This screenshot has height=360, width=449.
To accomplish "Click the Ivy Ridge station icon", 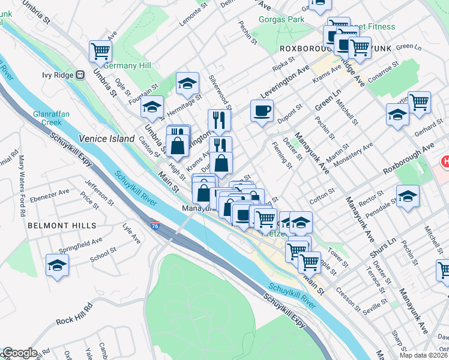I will [x=79, y=75].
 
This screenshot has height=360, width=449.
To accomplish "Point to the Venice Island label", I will [x=111, y=139].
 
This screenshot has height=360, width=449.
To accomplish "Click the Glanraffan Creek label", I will [x=47, y=118].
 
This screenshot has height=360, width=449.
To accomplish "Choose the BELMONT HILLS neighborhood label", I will [x=61, y=226].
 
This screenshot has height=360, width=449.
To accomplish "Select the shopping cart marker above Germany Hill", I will [x=100, y=51].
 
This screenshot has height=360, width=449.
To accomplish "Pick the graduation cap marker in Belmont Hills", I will [x=57, y=265].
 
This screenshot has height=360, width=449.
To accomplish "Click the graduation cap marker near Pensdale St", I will [x=408, y=196].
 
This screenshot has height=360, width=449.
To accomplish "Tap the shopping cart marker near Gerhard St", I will [x=418, y=101].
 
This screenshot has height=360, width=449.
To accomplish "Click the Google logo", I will [x=20, y=353].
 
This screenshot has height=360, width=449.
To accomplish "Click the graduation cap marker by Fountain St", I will [x=152, y=107].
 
